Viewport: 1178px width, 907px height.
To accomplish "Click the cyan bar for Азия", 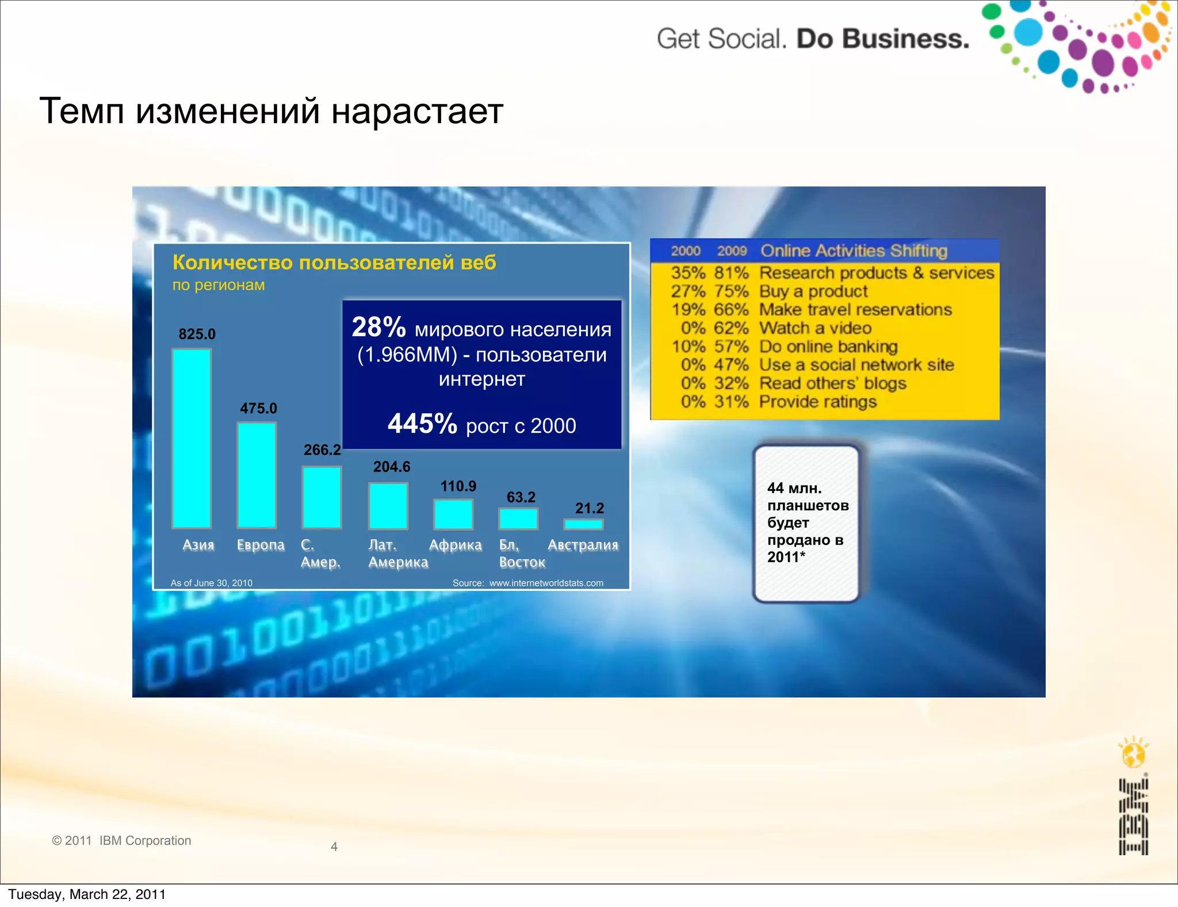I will [x=192, y=438].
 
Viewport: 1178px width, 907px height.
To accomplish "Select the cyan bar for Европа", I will [x=257, y=475].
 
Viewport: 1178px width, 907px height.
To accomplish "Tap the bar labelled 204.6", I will [x=388, y=506].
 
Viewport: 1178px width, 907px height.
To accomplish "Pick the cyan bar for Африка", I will [x=453, y=514].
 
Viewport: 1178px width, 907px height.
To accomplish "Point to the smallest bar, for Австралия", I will [x=583, y=524].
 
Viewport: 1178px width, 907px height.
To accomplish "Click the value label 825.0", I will [x=197, y=334].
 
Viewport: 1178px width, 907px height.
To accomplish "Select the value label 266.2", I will [x=322, y=449].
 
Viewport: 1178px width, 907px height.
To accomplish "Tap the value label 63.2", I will [x=521, y=497].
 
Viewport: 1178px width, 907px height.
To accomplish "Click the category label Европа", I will [x=261, y=545].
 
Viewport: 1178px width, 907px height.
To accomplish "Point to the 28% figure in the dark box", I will [x=378, y=327].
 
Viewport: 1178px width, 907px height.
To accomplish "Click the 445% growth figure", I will [x=422, y=424].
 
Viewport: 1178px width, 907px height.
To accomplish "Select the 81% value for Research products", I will [x=731, y=273].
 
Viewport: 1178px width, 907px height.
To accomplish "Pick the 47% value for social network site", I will [x=731, y=365].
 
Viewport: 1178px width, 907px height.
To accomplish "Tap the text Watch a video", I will [x=815, y=328].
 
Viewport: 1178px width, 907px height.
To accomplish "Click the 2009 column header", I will [x=732, y=251].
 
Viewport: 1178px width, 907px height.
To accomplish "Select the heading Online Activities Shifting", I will [x=854, y=251].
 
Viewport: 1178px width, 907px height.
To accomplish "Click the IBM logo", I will [x=1133, y=817].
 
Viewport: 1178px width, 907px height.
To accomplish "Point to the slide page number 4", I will [x=334, y=847].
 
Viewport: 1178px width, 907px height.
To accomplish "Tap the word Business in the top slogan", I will [x=907, y=39].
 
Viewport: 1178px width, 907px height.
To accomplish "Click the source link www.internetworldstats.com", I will [x=546, y=583].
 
